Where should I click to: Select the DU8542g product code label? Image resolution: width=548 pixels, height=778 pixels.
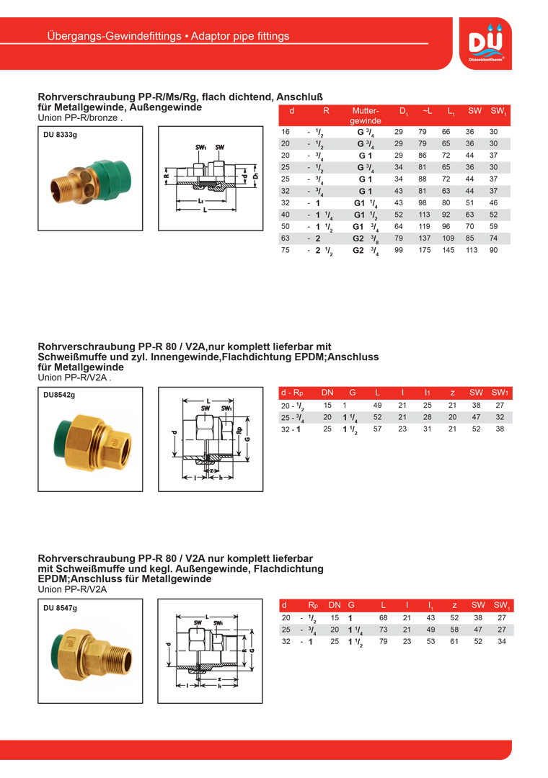click(x=59, y=395)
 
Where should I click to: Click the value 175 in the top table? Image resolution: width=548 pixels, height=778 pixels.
click(x=425, y=250)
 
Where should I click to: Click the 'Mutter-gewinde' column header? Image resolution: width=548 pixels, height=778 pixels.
click(x=365, y=116)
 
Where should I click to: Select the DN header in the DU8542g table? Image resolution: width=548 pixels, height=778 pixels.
click(x=327, y=393)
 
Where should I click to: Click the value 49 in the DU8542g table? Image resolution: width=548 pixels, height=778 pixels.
click(x=377, y=406)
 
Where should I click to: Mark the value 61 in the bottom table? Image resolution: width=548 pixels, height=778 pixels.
click(x=454, y=640)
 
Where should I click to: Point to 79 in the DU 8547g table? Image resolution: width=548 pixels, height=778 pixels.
click(x=384, y=640)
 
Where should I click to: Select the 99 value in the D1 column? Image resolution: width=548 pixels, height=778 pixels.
click(x=399, y=250)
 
